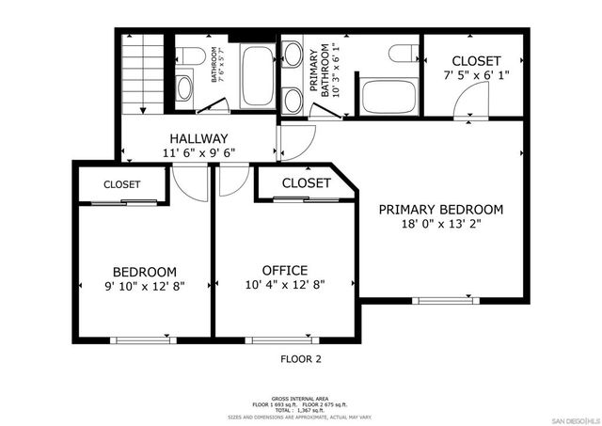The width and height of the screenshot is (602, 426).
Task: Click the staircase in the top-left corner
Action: point(143,74)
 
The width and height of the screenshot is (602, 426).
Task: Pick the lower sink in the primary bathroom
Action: point(293,99)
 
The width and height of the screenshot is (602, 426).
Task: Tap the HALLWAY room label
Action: point(198,139)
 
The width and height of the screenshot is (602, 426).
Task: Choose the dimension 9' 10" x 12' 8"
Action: point(144,286)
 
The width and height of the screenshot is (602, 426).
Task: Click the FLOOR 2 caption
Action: point(300,358)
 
